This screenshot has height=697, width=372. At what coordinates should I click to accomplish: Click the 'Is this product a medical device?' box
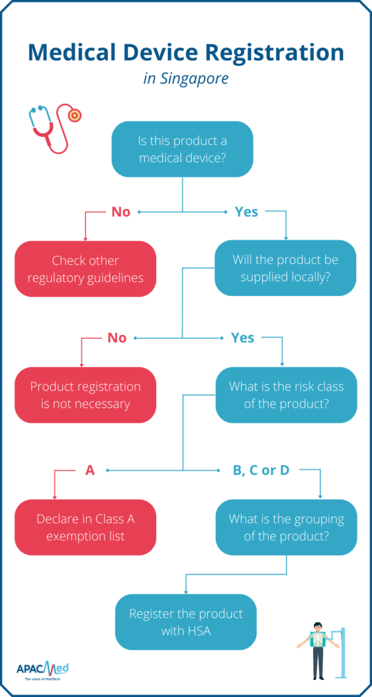click(183, 149)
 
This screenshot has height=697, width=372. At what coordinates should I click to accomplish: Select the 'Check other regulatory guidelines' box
click(85, 269)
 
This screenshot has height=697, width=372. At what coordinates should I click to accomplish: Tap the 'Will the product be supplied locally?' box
click(285, 269)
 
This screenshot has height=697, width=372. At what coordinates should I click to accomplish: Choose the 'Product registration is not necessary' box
click(85, 395)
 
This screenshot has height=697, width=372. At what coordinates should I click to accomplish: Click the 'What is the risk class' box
click(286, 395)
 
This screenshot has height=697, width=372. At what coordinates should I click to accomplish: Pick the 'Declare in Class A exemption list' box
click(85, 527)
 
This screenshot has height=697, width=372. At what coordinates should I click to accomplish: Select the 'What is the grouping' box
click(286, 527)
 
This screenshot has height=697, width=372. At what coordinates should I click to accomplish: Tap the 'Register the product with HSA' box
click(186, 621)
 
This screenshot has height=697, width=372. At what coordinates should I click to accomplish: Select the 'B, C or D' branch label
click(261, 470)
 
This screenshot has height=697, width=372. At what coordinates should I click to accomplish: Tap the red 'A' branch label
click(90, 470)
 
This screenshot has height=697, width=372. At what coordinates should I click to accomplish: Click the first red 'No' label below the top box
click(121, 212)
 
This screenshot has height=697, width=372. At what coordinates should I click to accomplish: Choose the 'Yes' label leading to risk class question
click(243, 338)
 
